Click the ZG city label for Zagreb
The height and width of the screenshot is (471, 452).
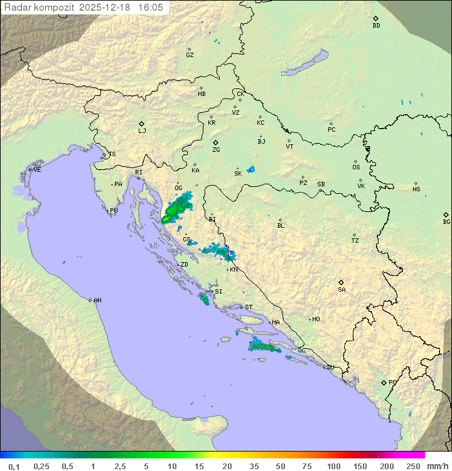pos(216,151)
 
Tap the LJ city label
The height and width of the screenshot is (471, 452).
pos(142,131)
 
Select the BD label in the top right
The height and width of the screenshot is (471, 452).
pos(376,26)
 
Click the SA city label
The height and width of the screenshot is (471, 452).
pos(342,290)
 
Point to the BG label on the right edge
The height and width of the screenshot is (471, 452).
pos(446,222)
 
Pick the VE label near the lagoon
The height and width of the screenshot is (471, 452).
pos(37,170)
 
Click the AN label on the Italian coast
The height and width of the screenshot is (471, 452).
pos(97,300)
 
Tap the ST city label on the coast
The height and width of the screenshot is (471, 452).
pos(249,307)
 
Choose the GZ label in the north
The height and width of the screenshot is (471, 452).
pos(190,55)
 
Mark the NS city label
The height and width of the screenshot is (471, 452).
pos(416,189)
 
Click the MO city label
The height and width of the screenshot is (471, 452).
pos(316,319)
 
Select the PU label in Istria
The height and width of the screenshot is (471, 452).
pos(114,211)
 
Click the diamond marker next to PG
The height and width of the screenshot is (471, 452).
pos(384,382)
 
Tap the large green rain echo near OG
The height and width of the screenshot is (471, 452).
pos(177,209)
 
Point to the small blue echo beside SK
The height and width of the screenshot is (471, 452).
pos(251,169)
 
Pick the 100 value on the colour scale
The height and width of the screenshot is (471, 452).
pos(333,466)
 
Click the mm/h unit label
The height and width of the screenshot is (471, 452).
pos(436,466)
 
